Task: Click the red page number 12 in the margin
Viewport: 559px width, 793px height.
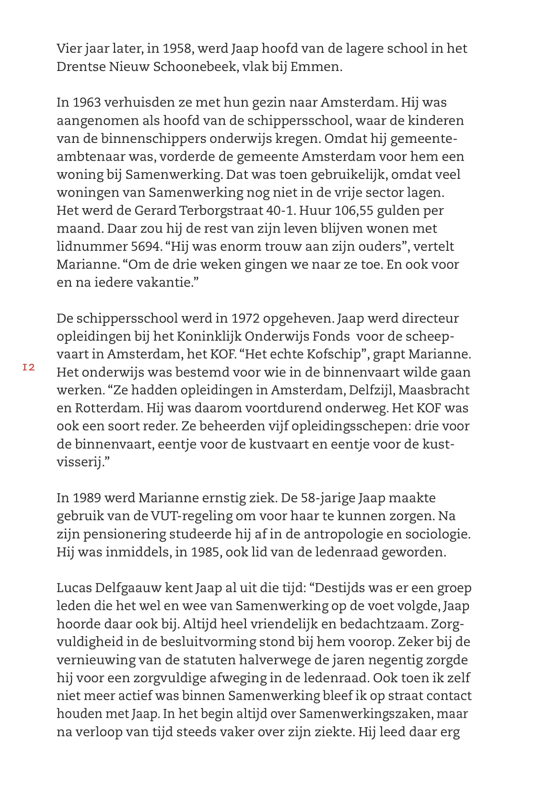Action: [x=28, y=368]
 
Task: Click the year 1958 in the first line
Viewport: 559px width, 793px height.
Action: [x=177, y=48]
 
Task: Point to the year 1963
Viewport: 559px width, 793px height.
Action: [x=86, y=103]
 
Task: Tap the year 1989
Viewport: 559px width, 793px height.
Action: [x=86, y=498]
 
